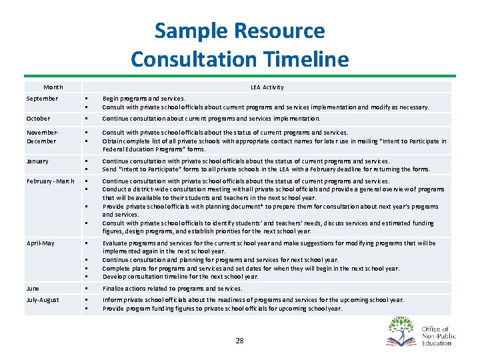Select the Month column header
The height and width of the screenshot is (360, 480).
click(x=53, y=87)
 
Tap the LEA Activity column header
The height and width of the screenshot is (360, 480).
click(x=267, y=87)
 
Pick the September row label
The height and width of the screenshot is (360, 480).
click(x=42, y=99)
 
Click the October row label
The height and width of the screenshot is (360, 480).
click(x=38, y=119)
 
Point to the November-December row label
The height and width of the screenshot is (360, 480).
click(x=43, y=137)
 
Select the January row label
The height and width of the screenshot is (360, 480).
click(x=38, y=161)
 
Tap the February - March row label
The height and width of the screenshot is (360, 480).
click(x=50, y=181)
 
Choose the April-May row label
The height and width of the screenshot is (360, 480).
click(x=41, y=243)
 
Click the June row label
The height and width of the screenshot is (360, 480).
click(x=33, y=288)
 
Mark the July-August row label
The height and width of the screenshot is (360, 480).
click(x=43, y=300)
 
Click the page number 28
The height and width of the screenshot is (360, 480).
click(x=239, y=341)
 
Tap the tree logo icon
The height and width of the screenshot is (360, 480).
click(x=400, y=331)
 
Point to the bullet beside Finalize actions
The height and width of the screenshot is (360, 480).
click(x=87, y=289)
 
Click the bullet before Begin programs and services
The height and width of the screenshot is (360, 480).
click(x=87, y=99)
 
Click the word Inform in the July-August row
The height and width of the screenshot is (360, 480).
click(x=111, y=300)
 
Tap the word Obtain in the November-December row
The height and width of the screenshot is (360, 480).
click(x=112, y=141)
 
